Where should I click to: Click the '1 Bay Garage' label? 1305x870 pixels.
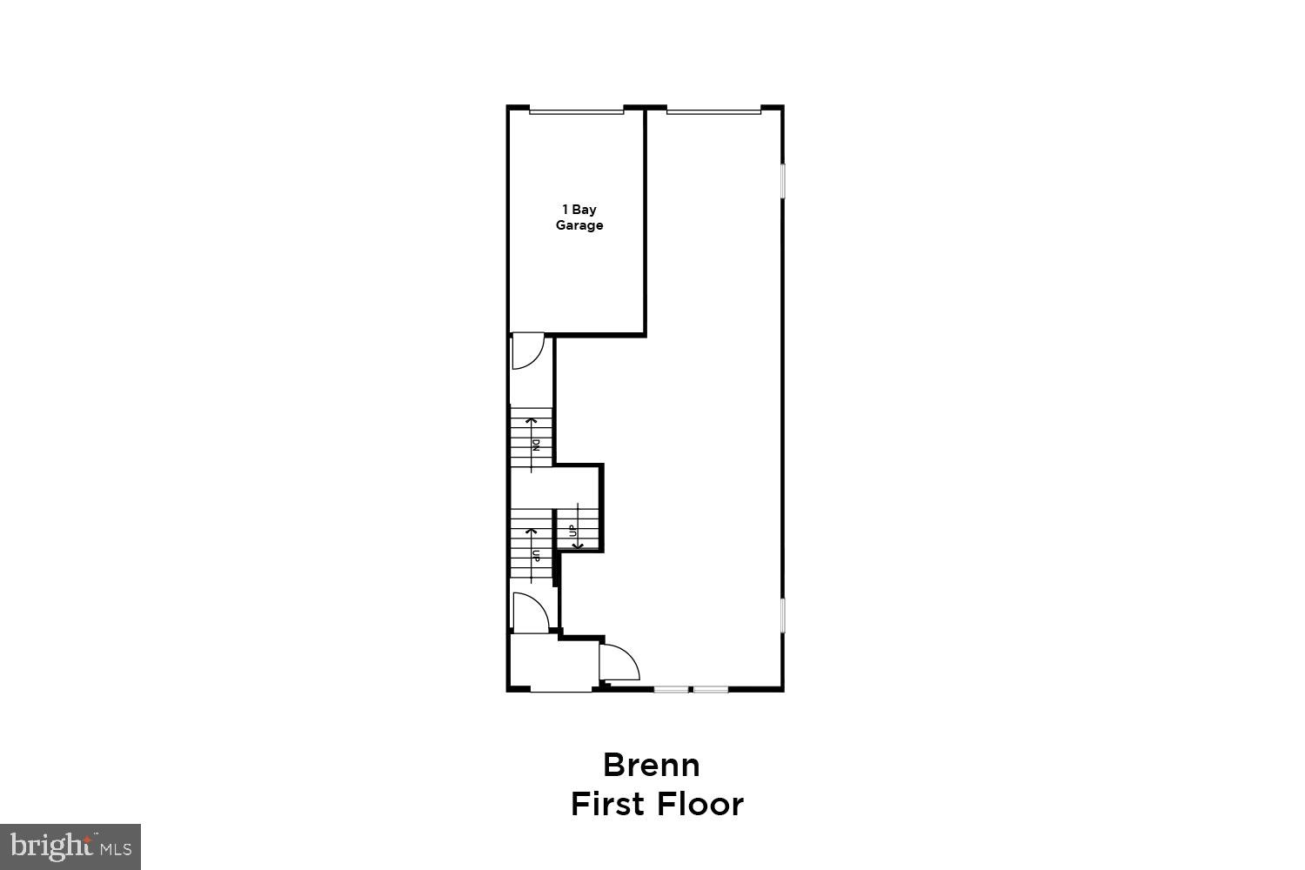pos(579,217)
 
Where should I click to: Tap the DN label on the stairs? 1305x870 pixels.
pos(537,445)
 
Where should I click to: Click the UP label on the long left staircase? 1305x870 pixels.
pos(537,555)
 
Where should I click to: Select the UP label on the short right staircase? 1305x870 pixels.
pos(572,530)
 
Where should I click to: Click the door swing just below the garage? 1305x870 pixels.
pos(527,351)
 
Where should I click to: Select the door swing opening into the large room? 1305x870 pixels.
pos(619,661)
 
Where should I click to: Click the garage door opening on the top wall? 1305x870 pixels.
pos(577,110)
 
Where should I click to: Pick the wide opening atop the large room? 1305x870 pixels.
pos(713,110)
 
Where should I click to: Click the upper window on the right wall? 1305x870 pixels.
pos(782,192)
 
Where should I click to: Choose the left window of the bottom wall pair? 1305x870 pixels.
pos(672,690)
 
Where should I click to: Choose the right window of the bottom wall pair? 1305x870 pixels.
pos(711,690)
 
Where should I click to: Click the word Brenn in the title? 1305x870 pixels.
pos(652,766)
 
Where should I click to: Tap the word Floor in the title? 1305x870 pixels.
pos(700,804)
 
